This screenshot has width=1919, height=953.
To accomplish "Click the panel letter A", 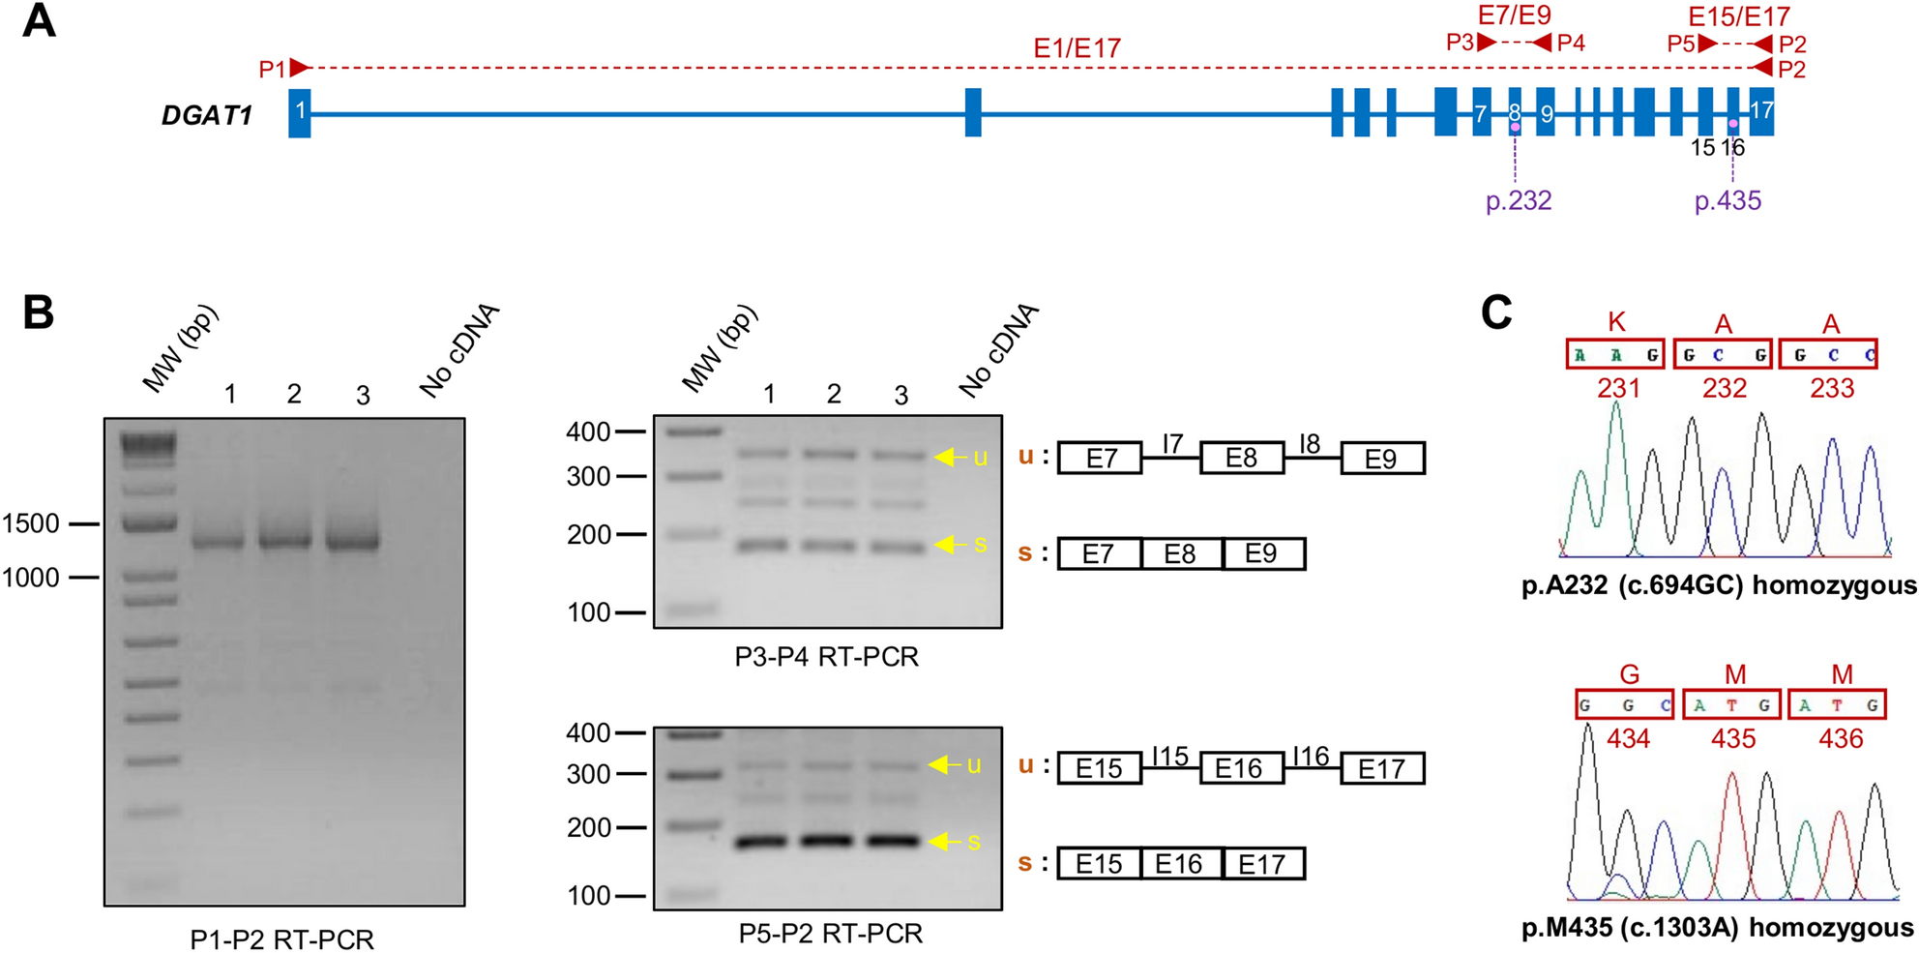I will (x=39, y=21).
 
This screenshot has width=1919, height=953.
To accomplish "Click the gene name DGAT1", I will (x=207, y=116).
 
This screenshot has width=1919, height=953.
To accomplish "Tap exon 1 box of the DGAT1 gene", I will (x=300, y=112).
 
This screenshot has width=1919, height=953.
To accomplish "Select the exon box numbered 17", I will (x=1762, y=112).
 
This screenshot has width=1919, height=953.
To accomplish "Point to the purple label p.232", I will (x=1519, y=201).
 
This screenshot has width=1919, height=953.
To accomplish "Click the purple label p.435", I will (x=1727, y=201).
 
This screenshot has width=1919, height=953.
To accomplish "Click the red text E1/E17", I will (x=1077, y=48).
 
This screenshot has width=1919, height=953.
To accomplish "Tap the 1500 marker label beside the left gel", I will (x=31, y=523).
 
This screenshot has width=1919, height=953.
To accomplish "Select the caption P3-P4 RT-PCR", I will (x=826, y=657).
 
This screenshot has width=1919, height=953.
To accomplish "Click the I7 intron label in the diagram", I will (x=1172, y=443).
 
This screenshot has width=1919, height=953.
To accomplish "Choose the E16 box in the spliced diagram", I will (x=1179, y=863).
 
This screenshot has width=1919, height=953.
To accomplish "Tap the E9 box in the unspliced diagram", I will (x=1381, y=459).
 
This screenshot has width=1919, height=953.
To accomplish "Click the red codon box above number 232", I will (x=1723, y=354).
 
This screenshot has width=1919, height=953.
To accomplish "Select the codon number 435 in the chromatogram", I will (x=1733, y=739).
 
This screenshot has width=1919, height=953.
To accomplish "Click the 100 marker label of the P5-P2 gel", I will (x=588, y=896).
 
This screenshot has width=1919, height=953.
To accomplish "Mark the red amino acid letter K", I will (x=1616, y=323).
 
